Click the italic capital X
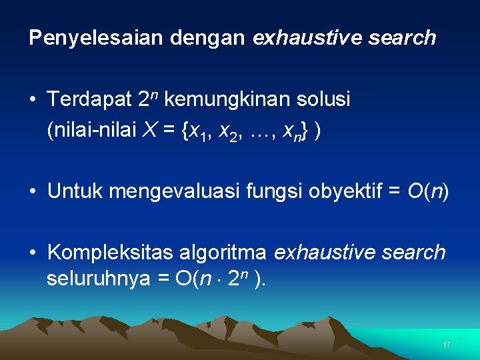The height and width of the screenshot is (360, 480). click(151, 131)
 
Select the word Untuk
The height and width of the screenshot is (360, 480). click(75, 193)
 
